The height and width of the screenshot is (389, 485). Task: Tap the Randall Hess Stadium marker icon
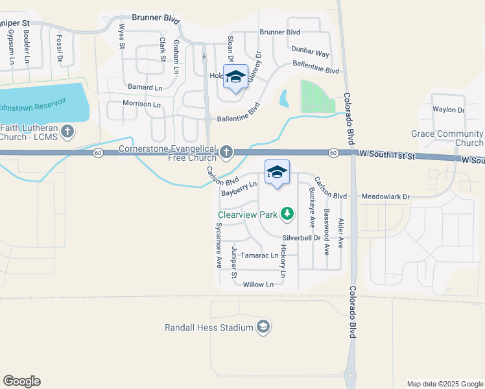[x=263, y=327]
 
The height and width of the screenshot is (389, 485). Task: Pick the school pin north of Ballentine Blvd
[x=235, y=77]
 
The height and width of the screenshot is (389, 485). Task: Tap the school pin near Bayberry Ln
[x=277, y=172]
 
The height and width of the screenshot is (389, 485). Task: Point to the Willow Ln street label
[x=258, y=285]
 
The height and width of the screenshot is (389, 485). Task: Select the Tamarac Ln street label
[x=259, y=255]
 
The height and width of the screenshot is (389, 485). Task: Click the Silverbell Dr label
[x=302, y=238]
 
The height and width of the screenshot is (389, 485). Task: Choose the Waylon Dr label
[x=449, y=110]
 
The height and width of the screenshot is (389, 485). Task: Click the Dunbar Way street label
[x=310, y=55]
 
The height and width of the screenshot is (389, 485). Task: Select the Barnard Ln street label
[x=145, y=87]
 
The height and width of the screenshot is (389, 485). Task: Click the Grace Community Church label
[x=447, y=139]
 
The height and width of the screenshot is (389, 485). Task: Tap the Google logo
[x=21, y=381]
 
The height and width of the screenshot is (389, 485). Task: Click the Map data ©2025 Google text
[x=444, y=384]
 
